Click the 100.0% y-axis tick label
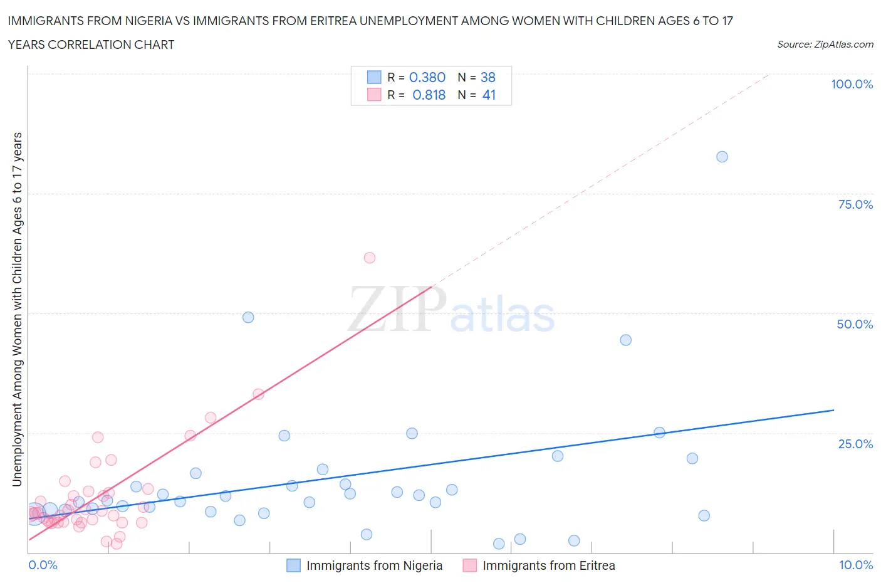click(852, 84)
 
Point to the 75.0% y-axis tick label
click(855, 204)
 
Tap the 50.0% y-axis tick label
click(855, 324)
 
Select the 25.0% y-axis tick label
click(855, 444)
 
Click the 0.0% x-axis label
click(43, 565)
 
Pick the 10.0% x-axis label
click(856, 565)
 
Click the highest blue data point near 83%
click(722, 157)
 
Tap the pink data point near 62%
click(370, 258)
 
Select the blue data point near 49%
click(248, 317)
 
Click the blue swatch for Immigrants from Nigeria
click(293, 565)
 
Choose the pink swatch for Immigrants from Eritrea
click(469, 565)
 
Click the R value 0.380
click(427, 77)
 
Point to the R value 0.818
click(429, 95)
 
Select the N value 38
click(487, 77)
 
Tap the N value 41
click(489, 95)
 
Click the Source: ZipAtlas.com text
click(825, 44)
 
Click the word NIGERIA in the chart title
click(146, 21)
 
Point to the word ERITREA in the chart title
click(332, 21)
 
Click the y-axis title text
click(17, 309)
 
